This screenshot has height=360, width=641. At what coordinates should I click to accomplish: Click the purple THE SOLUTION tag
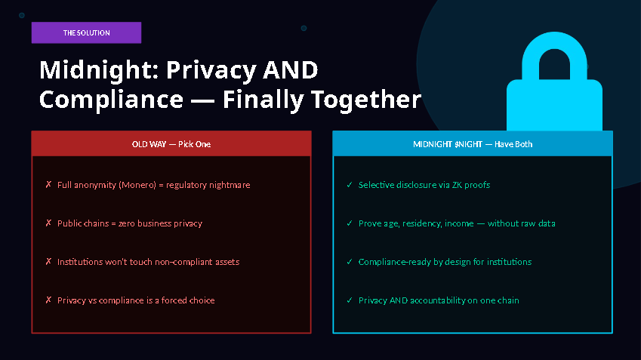pos(86,32)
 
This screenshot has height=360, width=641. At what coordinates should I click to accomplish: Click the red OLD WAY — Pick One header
pos(171,143)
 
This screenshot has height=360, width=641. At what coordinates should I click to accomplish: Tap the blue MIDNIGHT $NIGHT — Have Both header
pos(472,143)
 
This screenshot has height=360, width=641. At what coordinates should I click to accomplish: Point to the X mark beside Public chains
pos(48,223)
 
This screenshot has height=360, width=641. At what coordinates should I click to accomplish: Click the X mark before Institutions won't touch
pos(48,262)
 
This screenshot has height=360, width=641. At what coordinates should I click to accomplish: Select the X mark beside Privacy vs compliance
pos(48,300)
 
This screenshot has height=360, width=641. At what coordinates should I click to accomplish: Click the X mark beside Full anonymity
pos(48,185)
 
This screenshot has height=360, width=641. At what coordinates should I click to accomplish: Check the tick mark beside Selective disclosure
pos(349,185)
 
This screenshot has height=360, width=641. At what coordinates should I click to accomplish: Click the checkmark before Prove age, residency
pos(349,223)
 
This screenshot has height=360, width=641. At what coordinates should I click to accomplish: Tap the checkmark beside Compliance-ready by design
pos(349,262)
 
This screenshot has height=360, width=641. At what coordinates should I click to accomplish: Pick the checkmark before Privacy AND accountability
pos(349,300)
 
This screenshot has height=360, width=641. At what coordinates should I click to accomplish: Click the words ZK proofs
pos(469,185)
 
